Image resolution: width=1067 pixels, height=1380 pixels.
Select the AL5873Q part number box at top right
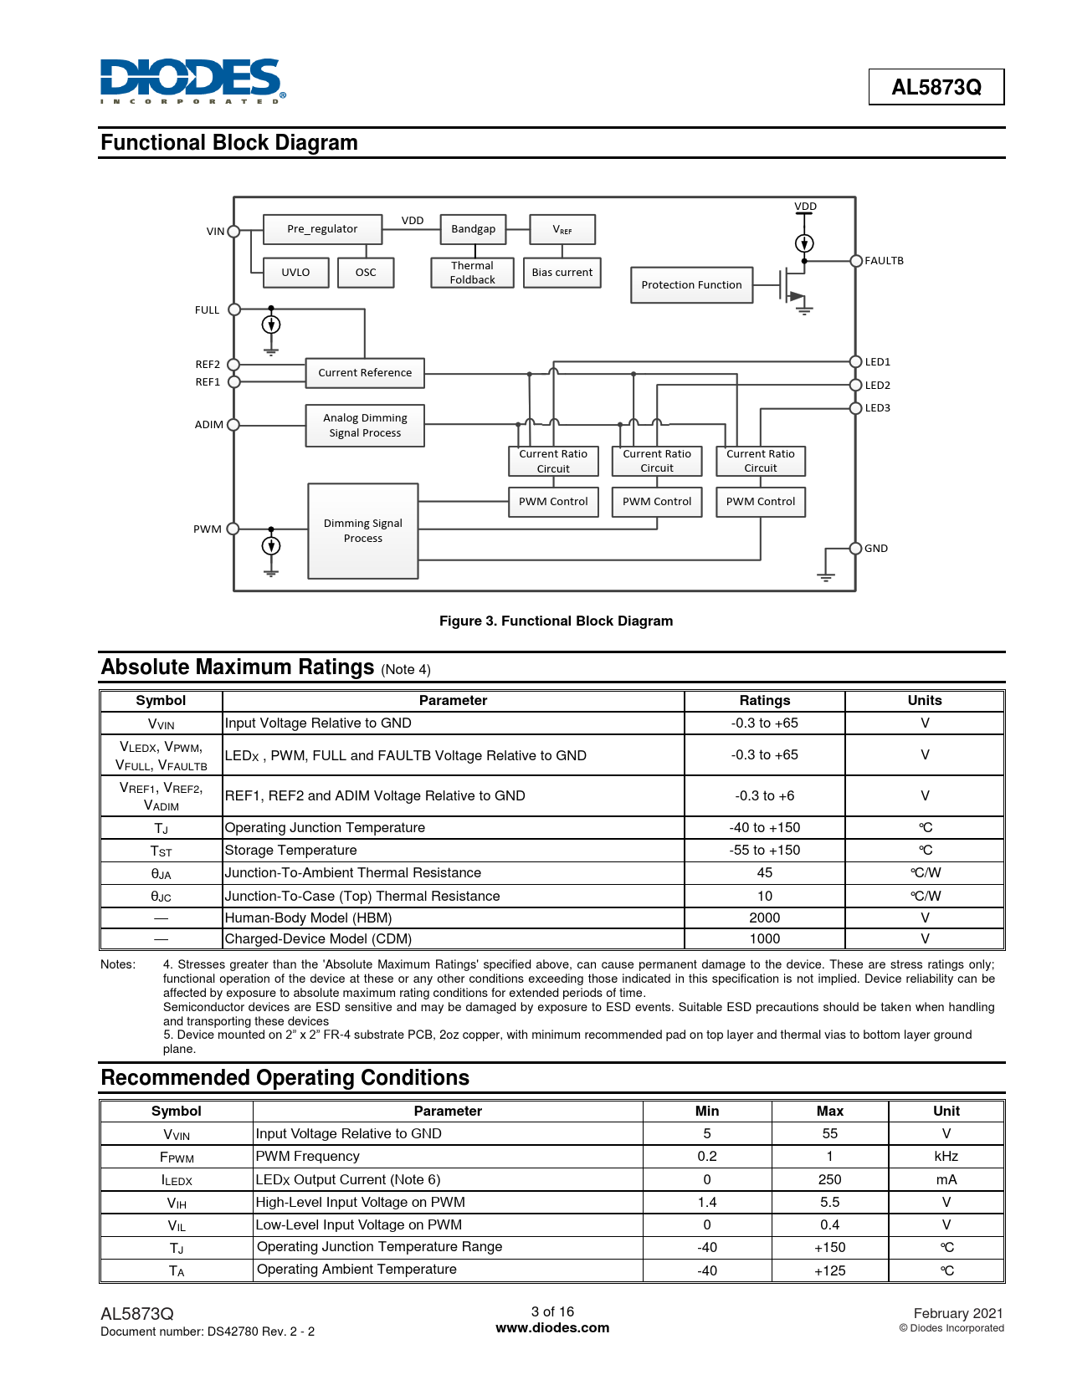click(936, 87)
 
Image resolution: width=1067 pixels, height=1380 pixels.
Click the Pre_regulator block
click(322, 229)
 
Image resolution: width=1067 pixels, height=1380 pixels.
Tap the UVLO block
click(295, 273)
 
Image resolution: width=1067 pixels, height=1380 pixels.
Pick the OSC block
click(366, 273)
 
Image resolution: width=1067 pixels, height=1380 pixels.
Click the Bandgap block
click(473, 229)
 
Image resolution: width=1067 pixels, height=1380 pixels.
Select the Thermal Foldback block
click(472, 273)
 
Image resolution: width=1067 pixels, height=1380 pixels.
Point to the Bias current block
click(562, 273)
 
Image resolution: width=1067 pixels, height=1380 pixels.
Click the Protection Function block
click(691, 285)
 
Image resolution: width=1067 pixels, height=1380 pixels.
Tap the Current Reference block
click(365, 373)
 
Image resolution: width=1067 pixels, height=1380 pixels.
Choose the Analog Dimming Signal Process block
click(365, 426)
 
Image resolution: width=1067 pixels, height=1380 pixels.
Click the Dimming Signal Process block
click(363, 531)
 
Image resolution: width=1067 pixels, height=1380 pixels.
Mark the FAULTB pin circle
click(856, 261)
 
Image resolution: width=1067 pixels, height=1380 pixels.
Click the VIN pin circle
click(234, 232)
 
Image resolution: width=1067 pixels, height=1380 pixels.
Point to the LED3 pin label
click(878, 408)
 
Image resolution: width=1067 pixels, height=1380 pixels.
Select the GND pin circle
click(856, 549)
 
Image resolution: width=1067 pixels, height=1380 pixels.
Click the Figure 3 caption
click(556, 621)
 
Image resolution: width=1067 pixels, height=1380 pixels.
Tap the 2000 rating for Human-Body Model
click(764, 917)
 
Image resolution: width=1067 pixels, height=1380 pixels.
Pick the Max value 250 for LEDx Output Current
click(829, 1179)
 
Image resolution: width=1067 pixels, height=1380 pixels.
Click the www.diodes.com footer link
click(552, 1327)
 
